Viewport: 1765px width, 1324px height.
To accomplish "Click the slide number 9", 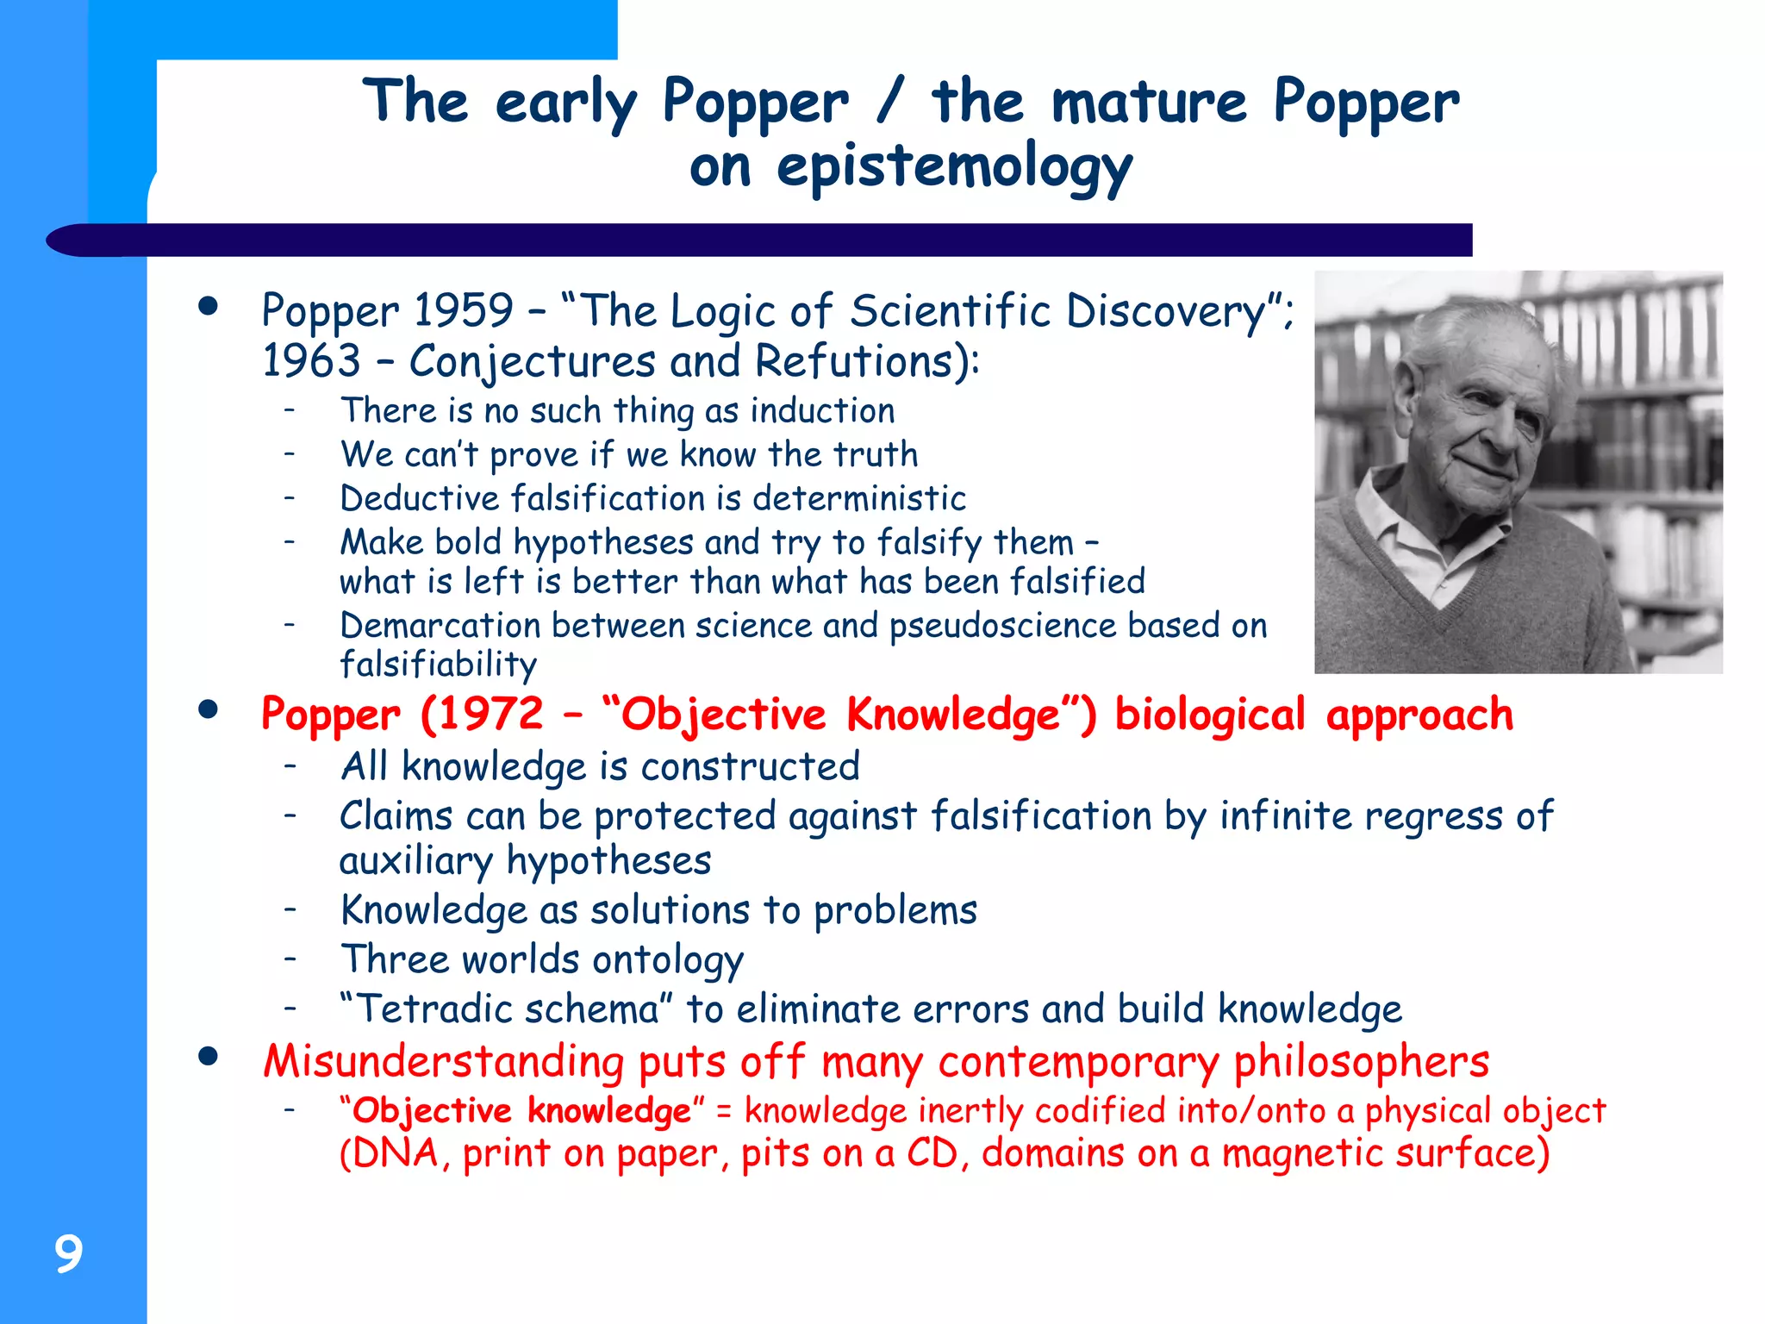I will (68, 1253).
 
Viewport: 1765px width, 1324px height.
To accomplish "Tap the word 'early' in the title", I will (566, 103).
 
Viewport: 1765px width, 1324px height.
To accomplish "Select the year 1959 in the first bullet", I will (463, 310).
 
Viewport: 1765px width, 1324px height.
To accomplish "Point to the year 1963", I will (311, 360).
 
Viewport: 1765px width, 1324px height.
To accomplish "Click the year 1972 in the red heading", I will (482, 715).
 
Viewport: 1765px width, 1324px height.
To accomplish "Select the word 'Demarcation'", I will (440, 625).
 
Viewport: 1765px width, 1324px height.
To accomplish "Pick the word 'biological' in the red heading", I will (1210, 715).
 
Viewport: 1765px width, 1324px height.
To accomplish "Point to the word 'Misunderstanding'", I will (443, 1061).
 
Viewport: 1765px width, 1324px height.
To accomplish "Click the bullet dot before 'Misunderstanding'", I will (208, 1057).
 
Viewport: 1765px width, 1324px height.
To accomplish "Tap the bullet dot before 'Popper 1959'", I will (208, 306).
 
